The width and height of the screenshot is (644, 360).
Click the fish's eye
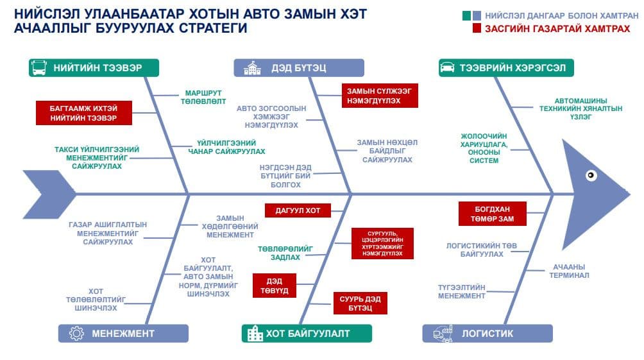(x=591, y=175)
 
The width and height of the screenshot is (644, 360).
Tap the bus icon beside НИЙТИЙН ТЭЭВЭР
(x=39, y=68)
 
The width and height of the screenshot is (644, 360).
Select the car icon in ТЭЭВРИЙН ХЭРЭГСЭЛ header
(x=447, y=67)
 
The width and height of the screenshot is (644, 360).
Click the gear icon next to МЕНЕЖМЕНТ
(x=76, y=333)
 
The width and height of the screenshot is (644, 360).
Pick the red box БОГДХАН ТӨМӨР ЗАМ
(x=493, y=214)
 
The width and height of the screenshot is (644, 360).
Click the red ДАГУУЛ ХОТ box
(x=298, y=210)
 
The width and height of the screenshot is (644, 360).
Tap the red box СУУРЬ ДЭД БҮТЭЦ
(x=360, y=304)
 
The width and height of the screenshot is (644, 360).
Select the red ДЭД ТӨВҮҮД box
(x=275, y=286)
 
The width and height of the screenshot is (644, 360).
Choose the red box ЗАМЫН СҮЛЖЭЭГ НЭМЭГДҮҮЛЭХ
(x=380, y=96)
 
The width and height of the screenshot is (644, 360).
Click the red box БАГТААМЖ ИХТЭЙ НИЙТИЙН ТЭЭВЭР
(x=84, y=113)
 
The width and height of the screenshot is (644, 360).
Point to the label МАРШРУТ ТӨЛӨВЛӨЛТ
(x=203, y=97)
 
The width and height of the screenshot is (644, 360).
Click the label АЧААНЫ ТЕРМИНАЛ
(x=569, y=271)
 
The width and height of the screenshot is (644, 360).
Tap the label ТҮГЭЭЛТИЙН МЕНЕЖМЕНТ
(x=462, y=291)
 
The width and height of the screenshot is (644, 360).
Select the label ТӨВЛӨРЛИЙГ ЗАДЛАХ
(x=285, y=253)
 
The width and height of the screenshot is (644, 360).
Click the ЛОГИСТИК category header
(x=487, y=333)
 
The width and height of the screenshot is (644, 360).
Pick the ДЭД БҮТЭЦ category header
(x=299, y=68)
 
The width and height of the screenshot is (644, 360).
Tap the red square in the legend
(x=477, y=28)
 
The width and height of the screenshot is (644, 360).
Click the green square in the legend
(x=466, y=16)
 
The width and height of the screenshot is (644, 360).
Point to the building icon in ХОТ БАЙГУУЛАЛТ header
(x=255, y=333)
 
